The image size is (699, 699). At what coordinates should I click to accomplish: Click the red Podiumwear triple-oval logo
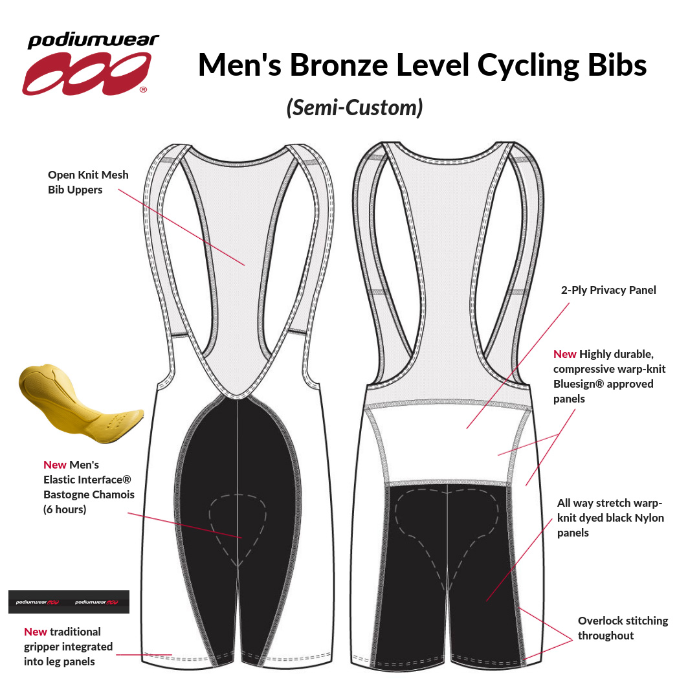[85, 74]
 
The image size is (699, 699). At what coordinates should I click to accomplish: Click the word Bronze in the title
[338, 65]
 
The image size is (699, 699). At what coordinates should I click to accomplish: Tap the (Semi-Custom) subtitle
[355, 107]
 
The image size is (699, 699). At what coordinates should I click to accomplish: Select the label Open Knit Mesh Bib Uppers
[88, 182]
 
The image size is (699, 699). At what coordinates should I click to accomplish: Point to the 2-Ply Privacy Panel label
[608, 290]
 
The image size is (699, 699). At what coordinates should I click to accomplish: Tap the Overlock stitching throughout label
[623, 628]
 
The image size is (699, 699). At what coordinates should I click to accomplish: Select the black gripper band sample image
[69, 602]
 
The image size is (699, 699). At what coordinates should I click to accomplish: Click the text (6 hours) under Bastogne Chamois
[65, 509]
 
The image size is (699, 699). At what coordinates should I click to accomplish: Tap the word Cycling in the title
[528, 66]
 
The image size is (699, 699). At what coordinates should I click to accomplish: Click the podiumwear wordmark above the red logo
[93, 41]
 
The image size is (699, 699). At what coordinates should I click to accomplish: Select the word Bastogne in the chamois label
[66, 495]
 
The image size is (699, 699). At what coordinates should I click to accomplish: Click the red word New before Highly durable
[564, 355]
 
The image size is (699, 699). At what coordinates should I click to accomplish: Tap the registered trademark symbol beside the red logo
[143, 89]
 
